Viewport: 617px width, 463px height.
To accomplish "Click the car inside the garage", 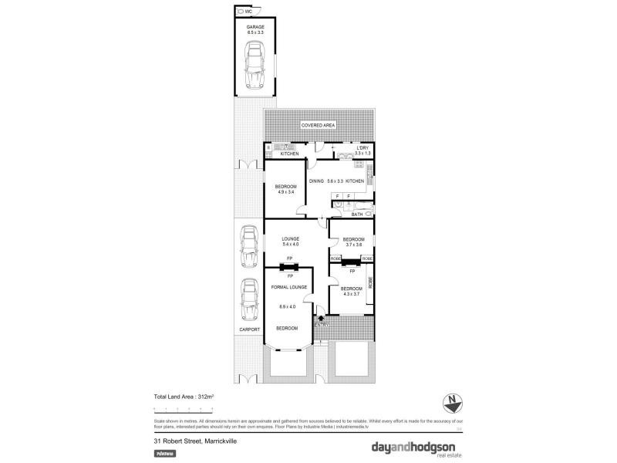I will tap(255, 67).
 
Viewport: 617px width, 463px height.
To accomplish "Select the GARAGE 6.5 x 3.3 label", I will tap(255, 30).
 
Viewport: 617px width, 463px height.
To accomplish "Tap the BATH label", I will tap(357, 214).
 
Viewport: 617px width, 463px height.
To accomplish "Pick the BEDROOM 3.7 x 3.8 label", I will tap(353, 242).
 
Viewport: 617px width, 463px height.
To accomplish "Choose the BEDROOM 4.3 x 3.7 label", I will tap(351, 291).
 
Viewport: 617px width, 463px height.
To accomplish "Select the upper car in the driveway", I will tap(248, 247).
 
